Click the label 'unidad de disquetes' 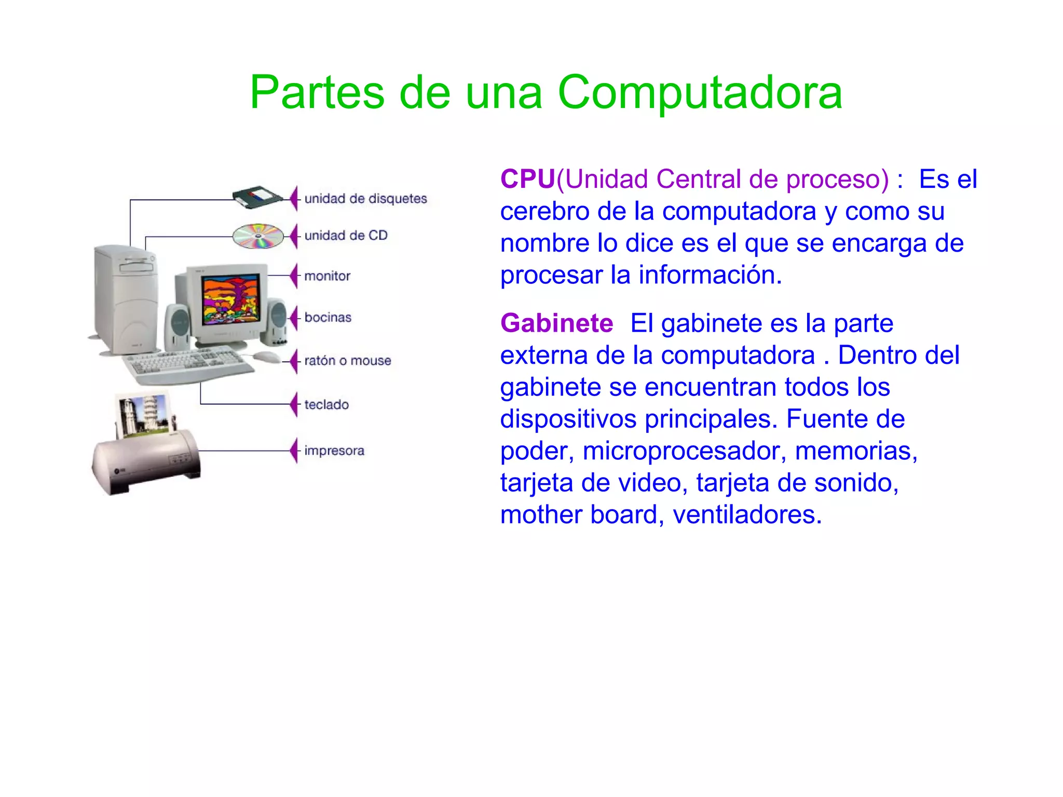pyautogui.click(x=365, y=199)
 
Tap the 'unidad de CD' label pyautogui.click(x=346, y=236)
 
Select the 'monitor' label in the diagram pyautogui.click(x=327, y=276)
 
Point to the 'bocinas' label pyautogui.click(x=328, y=318)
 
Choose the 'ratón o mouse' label pyautogui.click(x=347, y=361)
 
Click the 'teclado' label pyautogui.click(x=326, y=405)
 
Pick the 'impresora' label pyautogui.click(x=334, y=450)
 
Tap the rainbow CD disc pyautogui.click(x=258, y=236)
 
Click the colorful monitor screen pyautogui.click(x=231, y=299)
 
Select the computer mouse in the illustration pyautogui.click(x=267, y=357)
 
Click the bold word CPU pyautogui.click(x=527, y=180)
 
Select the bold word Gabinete pyautogui.click(x=556, y=323)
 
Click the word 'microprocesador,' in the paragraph pyautogui.click(x=682, y=451)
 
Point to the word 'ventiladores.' pyautogui.click(x=747, y=515)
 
